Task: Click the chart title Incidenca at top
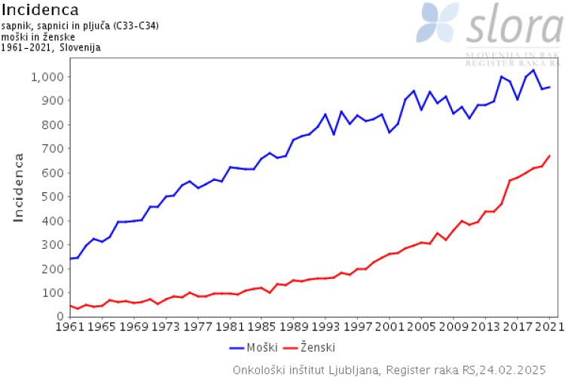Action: click(40, 10)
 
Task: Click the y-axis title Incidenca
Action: click(19, 187)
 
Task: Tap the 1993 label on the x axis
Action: click(325, 328)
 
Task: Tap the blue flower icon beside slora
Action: click(439, 23)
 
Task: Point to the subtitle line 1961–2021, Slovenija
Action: click(51, 47)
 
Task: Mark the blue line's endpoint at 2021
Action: click(549, 87)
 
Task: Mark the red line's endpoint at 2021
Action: click(549, 155)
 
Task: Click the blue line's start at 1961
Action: click(70, 259)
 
